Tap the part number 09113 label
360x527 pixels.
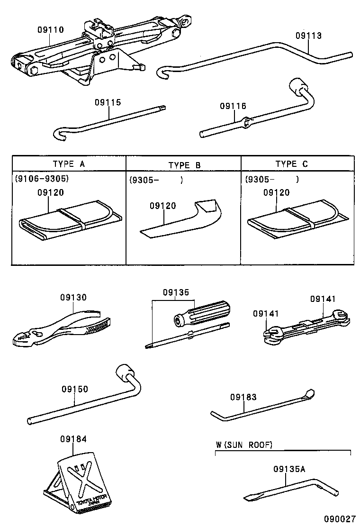coord(308,36)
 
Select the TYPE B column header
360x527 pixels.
coord(184,165)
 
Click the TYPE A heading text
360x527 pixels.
coord(69,164)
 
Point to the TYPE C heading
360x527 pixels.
coord(291,164)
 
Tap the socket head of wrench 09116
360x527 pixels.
coord(298,87)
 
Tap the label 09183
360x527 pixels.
coord(243,397)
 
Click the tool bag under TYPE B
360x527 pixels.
coord(182,220)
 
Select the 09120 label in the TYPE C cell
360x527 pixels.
coord(276,192)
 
